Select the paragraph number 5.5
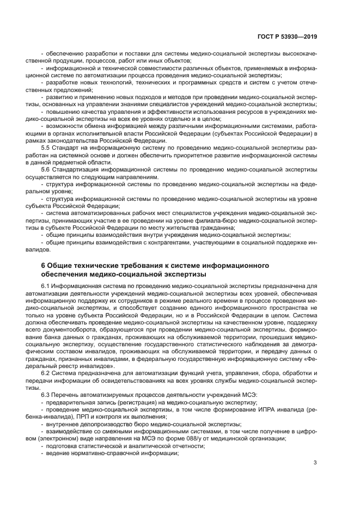[x=46, y=148]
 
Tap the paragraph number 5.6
[x=46, y=169]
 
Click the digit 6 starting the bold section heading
[x=44, y=265]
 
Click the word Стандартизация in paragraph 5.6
[x=77, y=169]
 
